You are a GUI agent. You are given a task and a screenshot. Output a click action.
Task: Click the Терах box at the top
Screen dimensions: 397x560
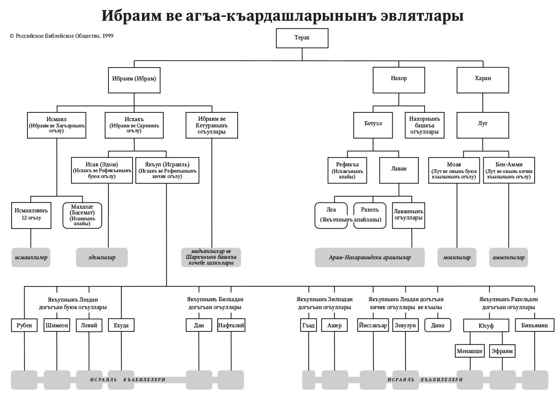[x=302, y=38]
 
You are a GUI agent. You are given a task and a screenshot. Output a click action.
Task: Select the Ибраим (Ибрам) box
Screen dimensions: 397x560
[x=134, y=78]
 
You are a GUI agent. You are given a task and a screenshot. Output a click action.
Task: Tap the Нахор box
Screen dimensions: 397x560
[x=399, y=78]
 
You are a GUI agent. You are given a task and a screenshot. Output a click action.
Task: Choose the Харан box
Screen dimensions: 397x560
[x=483, y=78]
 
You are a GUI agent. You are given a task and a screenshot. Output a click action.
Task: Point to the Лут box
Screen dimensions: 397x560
[x=483, y=124]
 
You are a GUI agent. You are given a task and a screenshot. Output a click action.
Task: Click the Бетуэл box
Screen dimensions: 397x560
[x=373, y=124]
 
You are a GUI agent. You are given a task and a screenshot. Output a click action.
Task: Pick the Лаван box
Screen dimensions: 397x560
[x=399, y=169]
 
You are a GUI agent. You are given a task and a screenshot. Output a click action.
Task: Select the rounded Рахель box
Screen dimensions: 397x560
[x=370, y=215]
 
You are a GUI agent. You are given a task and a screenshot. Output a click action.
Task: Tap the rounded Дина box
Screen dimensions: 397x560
[x=437, y=325]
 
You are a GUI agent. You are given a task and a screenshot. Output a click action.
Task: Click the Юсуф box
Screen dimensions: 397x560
[x=486, y=326]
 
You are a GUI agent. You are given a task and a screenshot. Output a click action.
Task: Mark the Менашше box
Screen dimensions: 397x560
[x=470, y=351]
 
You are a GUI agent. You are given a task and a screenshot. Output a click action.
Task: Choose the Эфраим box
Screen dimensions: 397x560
[x=502, y=351]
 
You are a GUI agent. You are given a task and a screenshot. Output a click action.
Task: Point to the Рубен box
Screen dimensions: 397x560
[x=24, y=325]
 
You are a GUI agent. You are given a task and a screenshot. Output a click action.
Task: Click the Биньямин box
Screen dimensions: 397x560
[x=534, y=325]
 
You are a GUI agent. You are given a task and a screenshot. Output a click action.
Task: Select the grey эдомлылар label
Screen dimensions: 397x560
[x=102, y=258]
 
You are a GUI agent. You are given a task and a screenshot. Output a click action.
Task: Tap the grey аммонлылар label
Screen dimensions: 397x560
[x=508, y=258]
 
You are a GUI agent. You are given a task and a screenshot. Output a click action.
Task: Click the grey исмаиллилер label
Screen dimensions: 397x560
[x=31, y=258]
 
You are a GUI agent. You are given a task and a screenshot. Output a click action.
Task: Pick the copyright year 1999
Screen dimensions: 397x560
[x=108, y=36]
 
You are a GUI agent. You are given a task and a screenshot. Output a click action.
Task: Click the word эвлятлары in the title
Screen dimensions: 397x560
[x=420, y=16]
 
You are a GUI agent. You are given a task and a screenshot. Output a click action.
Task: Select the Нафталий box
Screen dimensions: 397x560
[x=231, y=325]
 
